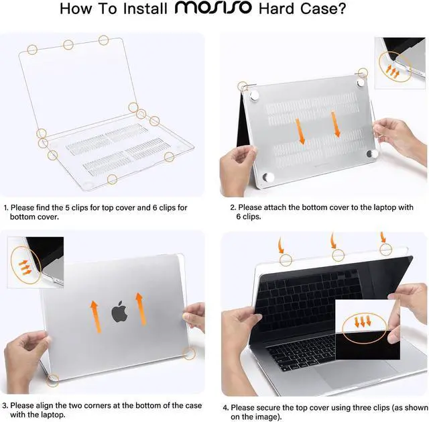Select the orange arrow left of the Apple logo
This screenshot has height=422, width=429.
click(x=95, y=315)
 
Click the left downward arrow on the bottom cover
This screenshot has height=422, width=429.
click(x=302, y=132)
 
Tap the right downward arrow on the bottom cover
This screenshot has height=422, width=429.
click(x=335, y=125)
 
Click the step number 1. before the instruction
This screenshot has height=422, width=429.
click(x=6, y=208)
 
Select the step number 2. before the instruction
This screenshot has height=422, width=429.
click(x=233, y=208)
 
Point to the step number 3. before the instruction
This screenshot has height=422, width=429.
click(x=5, y=406)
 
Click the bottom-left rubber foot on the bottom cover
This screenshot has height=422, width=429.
click(x=269, y=178)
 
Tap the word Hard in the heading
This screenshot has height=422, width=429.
click(x=282, y=10)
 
